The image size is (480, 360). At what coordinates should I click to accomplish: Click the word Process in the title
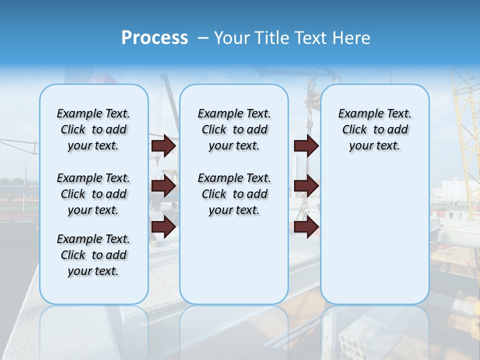[154, 38]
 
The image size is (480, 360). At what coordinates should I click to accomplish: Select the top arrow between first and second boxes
[163, 146]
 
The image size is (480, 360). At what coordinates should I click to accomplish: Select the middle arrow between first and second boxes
[163, 186]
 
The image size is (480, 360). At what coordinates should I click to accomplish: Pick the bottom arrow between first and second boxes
[163, 227]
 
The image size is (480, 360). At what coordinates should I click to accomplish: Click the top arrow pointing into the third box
[306, 146]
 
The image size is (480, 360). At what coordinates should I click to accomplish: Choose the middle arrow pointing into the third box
[306, 186]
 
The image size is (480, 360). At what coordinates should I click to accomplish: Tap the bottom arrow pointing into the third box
[306, 227]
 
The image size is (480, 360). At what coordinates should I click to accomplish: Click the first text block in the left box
[93, 129]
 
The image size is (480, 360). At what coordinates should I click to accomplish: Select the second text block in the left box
[93, 194]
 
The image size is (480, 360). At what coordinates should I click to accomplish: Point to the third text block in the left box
[93, 255]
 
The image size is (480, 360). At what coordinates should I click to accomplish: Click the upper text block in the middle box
[234, 129]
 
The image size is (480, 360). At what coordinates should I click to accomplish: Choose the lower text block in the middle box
[234, 194]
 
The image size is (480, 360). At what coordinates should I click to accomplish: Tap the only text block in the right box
[374, 129]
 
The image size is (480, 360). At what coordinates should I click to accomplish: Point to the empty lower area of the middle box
[234, 260]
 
